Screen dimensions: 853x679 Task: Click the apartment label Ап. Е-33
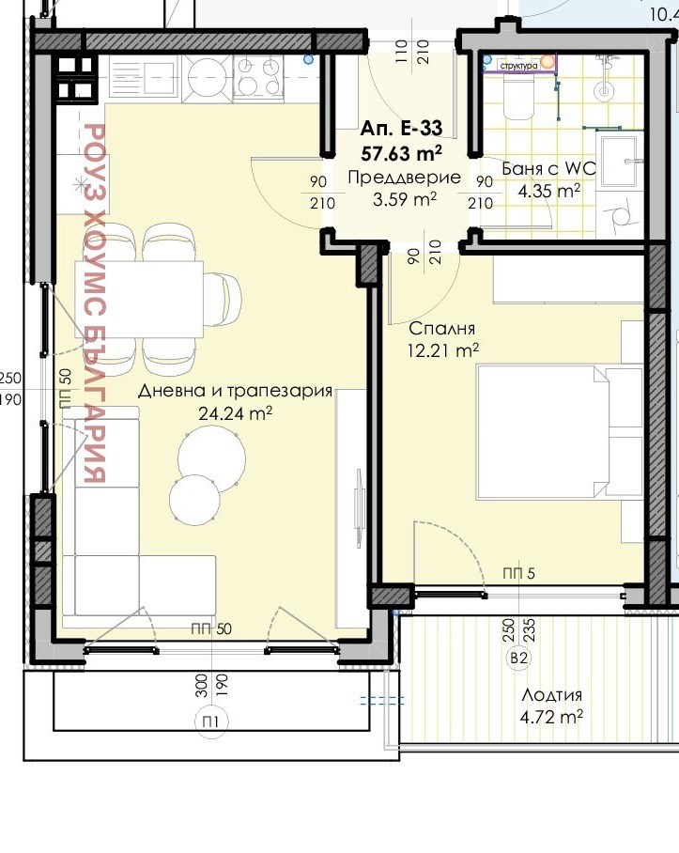click(402, 129)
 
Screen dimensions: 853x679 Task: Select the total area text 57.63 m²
click(402, 149)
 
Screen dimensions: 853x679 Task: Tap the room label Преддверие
click(404, 178)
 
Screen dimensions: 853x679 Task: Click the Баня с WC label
click(549, 169)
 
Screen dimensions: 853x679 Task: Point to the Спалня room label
click(441, 329)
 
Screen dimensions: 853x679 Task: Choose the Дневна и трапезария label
click(235, 392)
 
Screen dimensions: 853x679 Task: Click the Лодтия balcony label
click(552, 696)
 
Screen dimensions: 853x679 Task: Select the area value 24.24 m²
click(235, 412)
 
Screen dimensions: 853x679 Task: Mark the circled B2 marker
click(517, 659)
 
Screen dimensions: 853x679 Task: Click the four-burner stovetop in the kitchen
click(256, 75)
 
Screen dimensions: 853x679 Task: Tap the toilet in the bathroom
click(517, 97)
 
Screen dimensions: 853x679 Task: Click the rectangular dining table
click(139, 298)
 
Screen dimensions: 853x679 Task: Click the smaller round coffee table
click(194, 498)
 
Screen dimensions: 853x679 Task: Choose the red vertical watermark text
click(94, 301)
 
